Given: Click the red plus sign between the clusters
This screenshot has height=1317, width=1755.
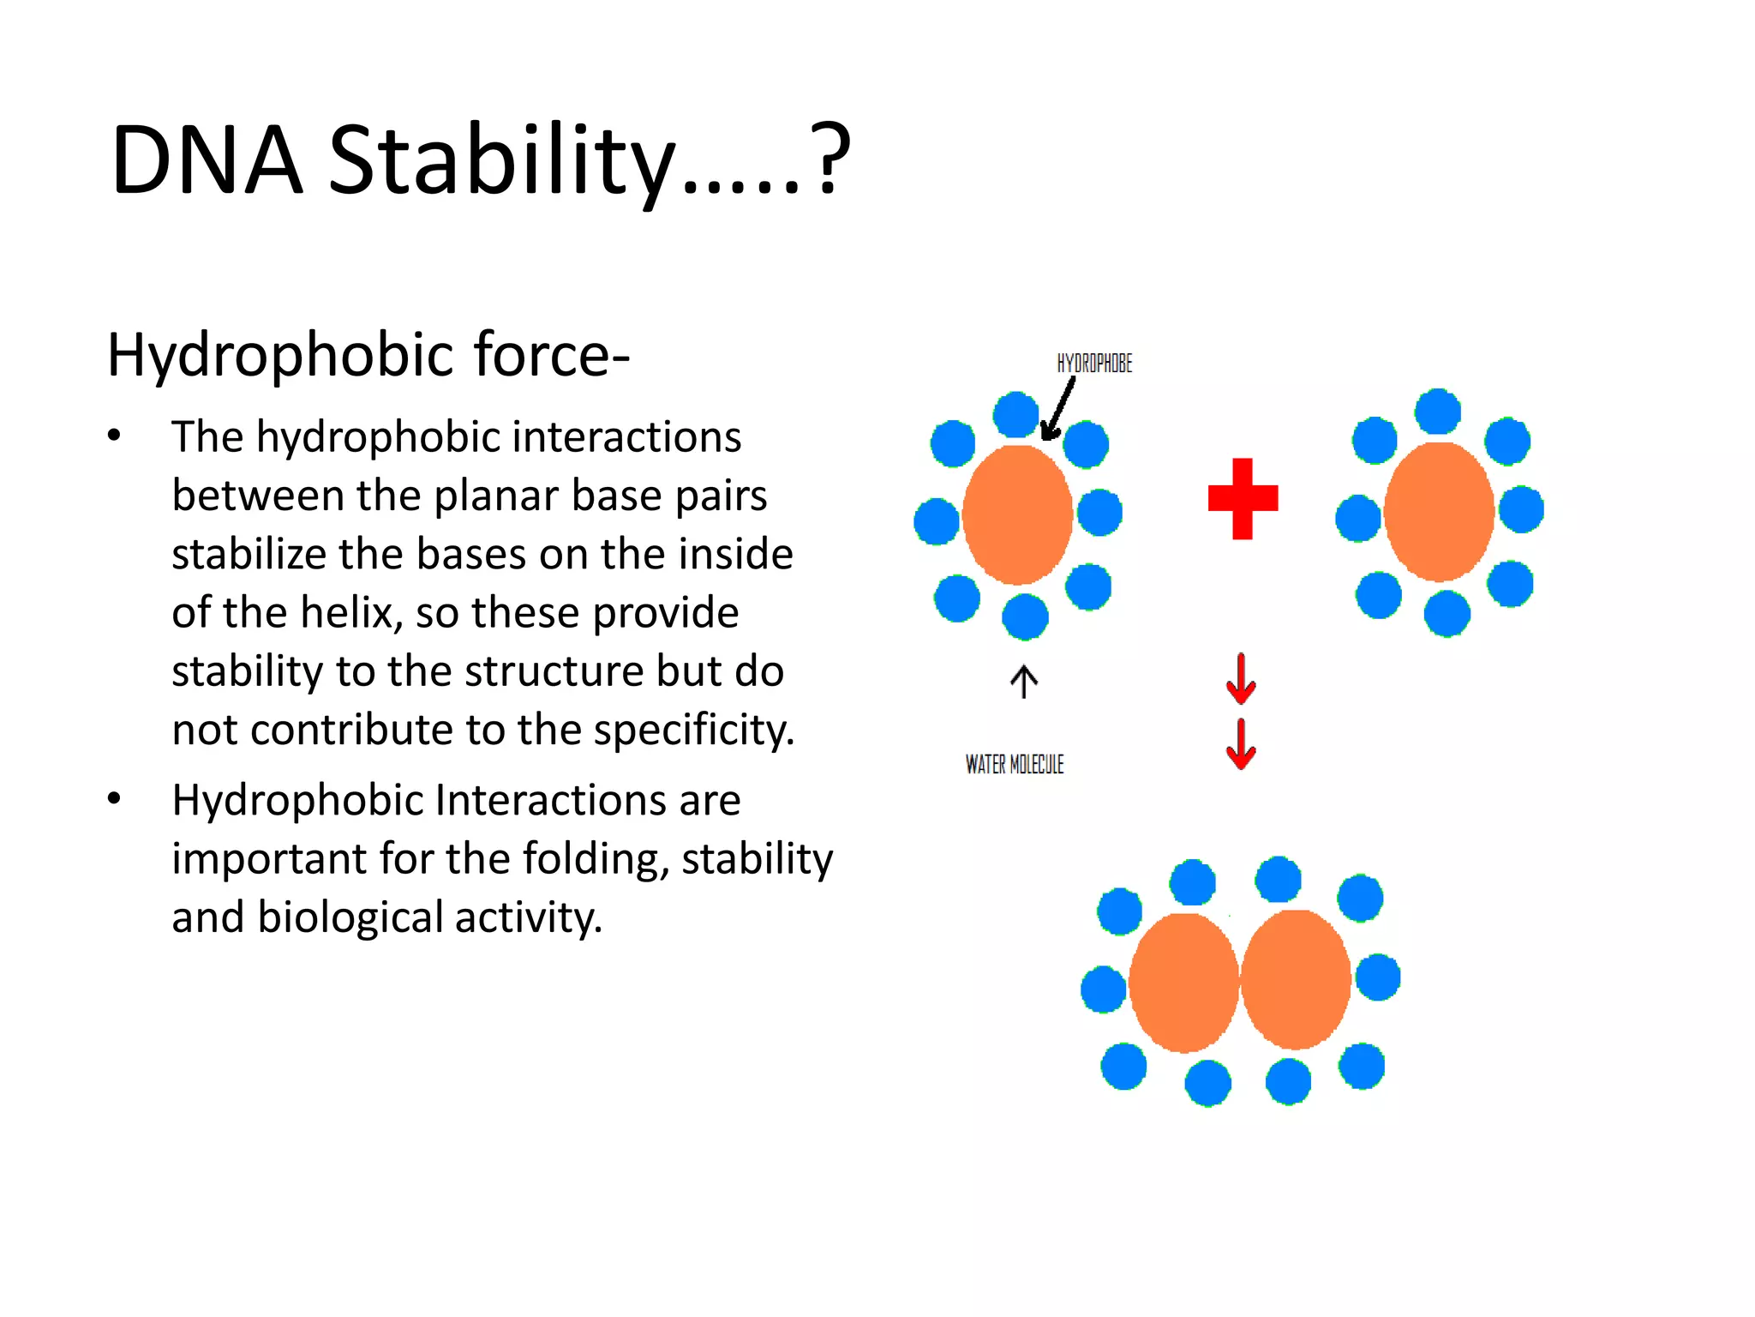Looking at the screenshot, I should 1243,498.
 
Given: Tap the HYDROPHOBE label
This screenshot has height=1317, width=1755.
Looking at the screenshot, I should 1094,364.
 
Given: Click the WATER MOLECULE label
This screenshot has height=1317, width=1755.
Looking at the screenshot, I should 1015,764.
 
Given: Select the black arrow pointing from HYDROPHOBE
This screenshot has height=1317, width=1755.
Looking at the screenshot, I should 1057,410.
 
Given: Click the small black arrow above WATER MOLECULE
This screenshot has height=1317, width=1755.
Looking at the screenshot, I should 1023,682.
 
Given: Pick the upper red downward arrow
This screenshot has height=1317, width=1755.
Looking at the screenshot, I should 1241,679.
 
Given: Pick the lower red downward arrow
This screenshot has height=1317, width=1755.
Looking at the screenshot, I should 1241,744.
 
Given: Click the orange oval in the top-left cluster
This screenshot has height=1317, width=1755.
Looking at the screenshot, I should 1017,514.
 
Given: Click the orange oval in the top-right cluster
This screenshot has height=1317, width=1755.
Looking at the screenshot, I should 1439,513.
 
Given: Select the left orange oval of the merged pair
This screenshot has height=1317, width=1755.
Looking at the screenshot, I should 1183,983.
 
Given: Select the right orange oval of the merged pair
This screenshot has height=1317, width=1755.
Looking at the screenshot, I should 1296,980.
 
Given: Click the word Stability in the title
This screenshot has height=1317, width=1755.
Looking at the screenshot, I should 501,160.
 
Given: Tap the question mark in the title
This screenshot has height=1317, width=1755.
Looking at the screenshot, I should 830,159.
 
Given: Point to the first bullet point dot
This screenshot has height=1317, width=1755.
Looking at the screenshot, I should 114,436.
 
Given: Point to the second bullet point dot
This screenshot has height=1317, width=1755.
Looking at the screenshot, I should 114,799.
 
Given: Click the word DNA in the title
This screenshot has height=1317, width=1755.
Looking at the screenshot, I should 207,160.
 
